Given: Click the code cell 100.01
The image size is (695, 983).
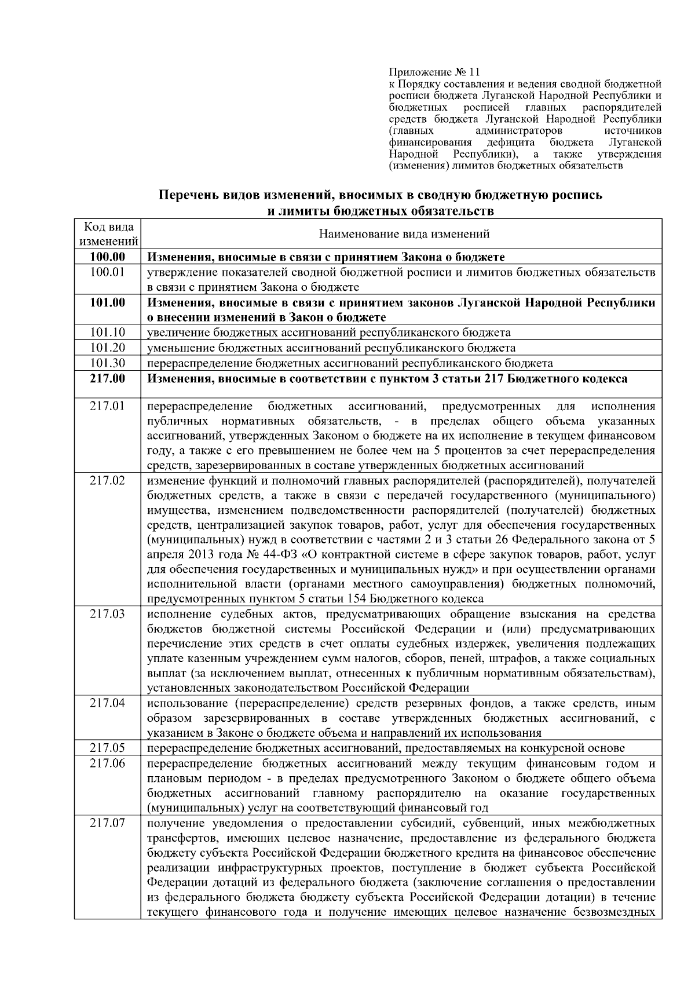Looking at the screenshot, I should pos(108,272).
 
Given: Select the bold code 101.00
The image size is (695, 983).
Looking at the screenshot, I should pos(108,302).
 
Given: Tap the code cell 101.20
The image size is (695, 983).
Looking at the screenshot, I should pos(108,348).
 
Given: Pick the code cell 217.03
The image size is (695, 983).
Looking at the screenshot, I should pos(108,613).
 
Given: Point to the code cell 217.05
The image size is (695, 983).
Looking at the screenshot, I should pos(108,748).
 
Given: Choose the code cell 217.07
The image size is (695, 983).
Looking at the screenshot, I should pos(108,823).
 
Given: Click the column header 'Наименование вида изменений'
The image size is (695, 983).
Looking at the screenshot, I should pos(404,234).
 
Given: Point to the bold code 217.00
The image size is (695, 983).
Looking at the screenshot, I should pos(108,379).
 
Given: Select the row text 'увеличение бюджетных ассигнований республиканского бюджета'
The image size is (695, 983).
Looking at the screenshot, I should pos(329,332).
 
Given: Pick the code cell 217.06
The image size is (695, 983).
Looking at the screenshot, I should pos(108,763).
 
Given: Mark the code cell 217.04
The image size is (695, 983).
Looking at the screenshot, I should pos(108,703).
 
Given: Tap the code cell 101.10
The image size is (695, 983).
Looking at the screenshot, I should pos(108,332).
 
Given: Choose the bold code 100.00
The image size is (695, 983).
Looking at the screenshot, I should pos(108,257).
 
